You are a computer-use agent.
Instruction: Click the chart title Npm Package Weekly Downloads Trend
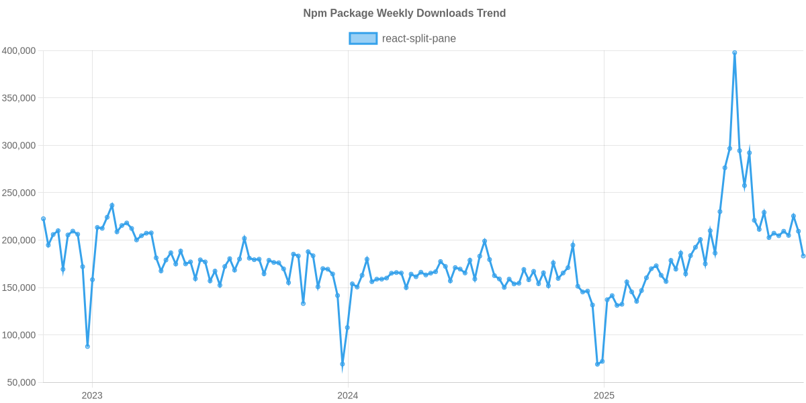pos(404,13)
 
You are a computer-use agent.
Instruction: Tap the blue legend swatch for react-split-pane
pos(363,38)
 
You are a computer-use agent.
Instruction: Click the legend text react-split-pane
pos(418,38)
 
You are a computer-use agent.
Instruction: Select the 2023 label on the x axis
pos(92,396)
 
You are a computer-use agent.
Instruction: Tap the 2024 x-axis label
pos(347,396)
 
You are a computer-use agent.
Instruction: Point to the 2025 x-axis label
pos(603,396)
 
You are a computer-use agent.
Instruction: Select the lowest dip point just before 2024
pos(343,365)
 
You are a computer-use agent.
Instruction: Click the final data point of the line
pos(803,256)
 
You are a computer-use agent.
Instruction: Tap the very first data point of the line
pos(44,218)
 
